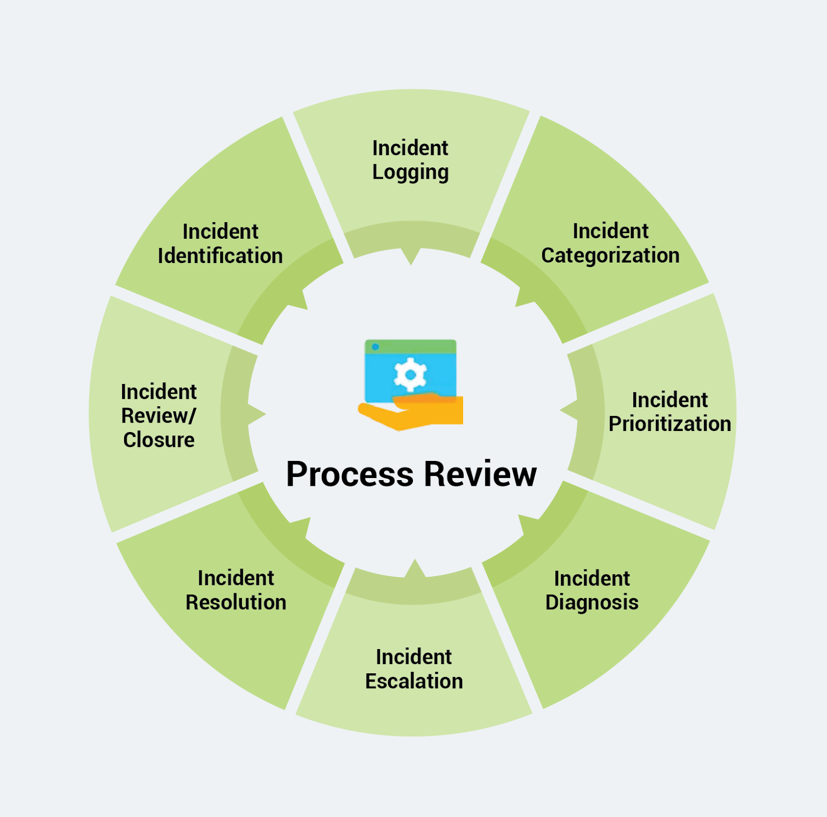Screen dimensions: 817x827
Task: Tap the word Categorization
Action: click(x=610, y=256)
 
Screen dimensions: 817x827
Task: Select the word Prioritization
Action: click(x=669, y=424)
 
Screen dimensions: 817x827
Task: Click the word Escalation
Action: click(x=413, y=682)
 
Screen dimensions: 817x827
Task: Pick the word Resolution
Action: click(x=236, y=603)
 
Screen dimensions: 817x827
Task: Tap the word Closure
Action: click(x=159, y=440)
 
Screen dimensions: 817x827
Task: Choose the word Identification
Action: click(x=220, y=256)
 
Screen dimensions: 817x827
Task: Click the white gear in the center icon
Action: click(x=410, y=374)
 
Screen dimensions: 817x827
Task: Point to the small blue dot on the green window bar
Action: click(x=376, y=347)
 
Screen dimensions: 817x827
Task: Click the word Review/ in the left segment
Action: click(x=159, y=416)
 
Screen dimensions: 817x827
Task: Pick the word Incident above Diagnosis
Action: click(x=592, y=579)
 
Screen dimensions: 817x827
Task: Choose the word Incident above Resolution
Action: click(x=236, y=578)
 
